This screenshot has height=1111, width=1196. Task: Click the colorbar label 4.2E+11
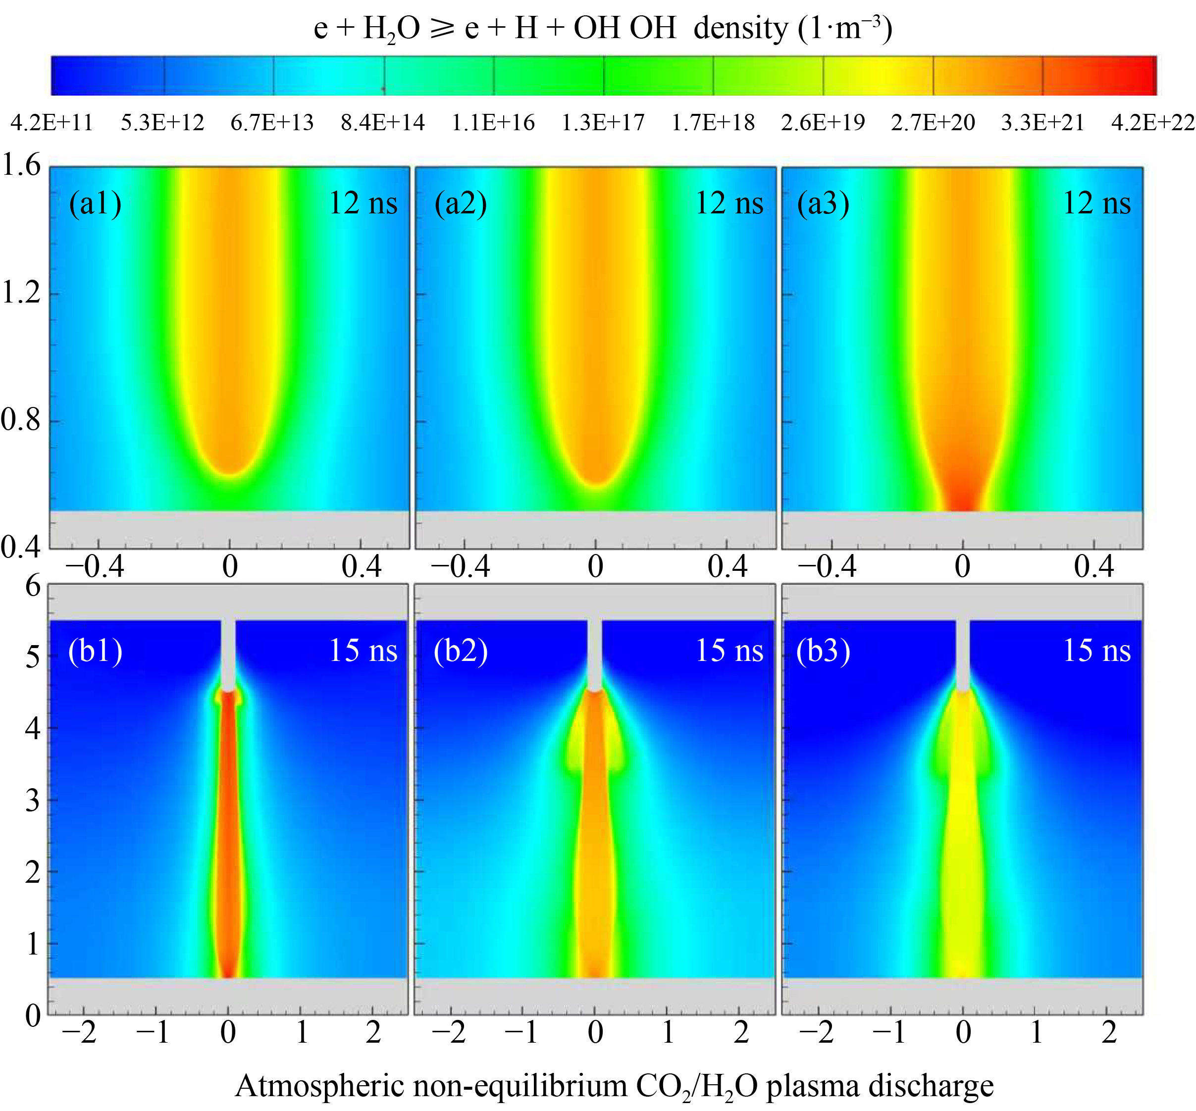[52, 123]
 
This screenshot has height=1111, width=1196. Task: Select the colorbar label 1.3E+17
[603, 123]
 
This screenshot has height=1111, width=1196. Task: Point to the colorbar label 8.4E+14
[382, 123]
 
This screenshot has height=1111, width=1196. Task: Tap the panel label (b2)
[461, 651]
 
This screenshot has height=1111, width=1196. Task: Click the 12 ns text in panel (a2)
[729, 203]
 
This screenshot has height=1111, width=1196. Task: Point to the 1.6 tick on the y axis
[22, 165]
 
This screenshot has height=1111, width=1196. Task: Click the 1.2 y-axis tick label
[22, 293]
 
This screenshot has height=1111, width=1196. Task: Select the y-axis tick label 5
[33, 657]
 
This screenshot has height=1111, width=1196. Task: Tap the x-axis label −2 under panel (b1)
[80, 1032]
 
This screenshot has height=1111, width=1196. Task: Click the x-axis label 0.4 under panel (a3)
[1094, 566]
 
